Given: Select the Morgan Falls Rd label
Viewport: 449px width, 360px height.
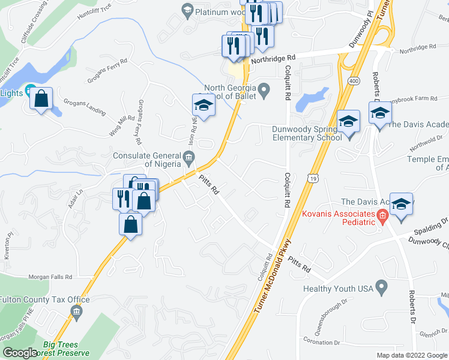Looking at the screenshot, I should pyautogui.click(x=50, y=277).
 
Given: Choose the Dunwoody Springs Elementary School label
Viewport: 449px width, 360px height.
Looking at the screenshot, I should pyautogui.click(x=301, y=133).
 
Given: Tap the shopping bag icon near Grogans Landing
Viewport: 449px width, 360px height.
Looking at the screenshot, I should pyautogui.click(x=41, y=99).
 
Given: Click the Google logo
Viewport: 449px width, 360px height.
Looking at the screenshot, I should pyautogui.click(x=20, y=353).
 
